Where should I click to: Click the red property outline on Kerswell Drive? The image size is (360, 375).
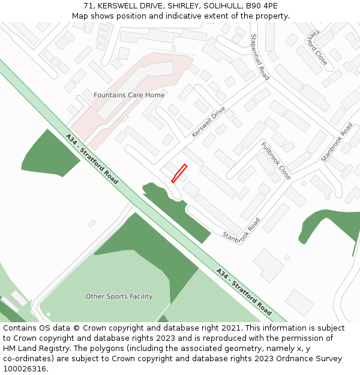click(x=179, y=173)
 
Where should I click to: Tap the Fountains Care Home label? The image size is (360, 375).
click(x=129, y=95)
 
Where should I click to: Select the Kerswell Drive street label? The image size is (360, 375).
click(x=209, y=122)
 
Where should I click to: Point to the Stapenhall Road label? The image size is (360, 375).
click(x=260, y=57)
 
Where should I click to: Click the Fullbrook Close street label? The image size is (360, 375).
click(x=276, y=161)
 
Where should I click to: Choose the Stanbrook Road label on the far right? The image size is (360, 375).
click(x=337, y=142)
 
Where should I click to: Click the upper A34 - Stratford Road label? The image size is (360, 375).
click(x=92, y=159)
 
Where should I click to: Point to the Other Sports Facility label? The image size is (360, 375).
click(x=119, y=296)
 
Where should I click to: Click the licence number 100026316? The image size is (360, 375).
click(x=23, y=369)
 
